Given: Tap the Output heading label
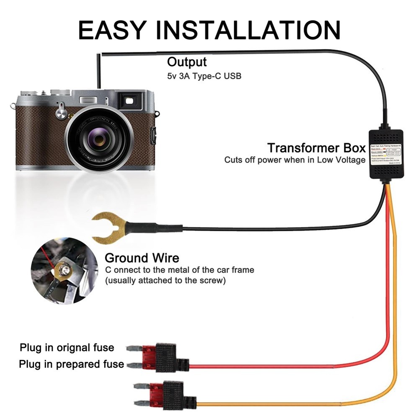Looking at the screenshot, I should click(x=187, y=62).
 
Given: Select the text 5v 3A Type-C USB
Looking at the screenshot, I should click(x=204, y=76).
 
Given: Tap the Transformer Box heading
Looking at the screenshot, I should click(x=316, y=148).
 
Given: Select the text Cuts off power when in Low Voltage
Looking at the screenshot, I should click(x=295, y=160).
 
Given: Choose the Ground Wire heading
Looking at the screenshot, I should click(x=142, y=258).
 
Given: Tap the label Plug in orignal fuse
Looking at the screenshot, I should click(x=67, y=347).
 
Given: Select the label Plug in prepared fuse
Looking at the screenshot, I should click(x=71, y=364).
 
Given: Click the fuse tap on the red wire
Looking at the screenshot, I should click(x=168, y=357).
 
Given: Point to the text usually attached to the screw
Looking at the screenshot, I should click(x=165, y=280).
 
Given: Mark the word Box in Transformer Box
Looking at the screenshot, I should click(x=352, y=148).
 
